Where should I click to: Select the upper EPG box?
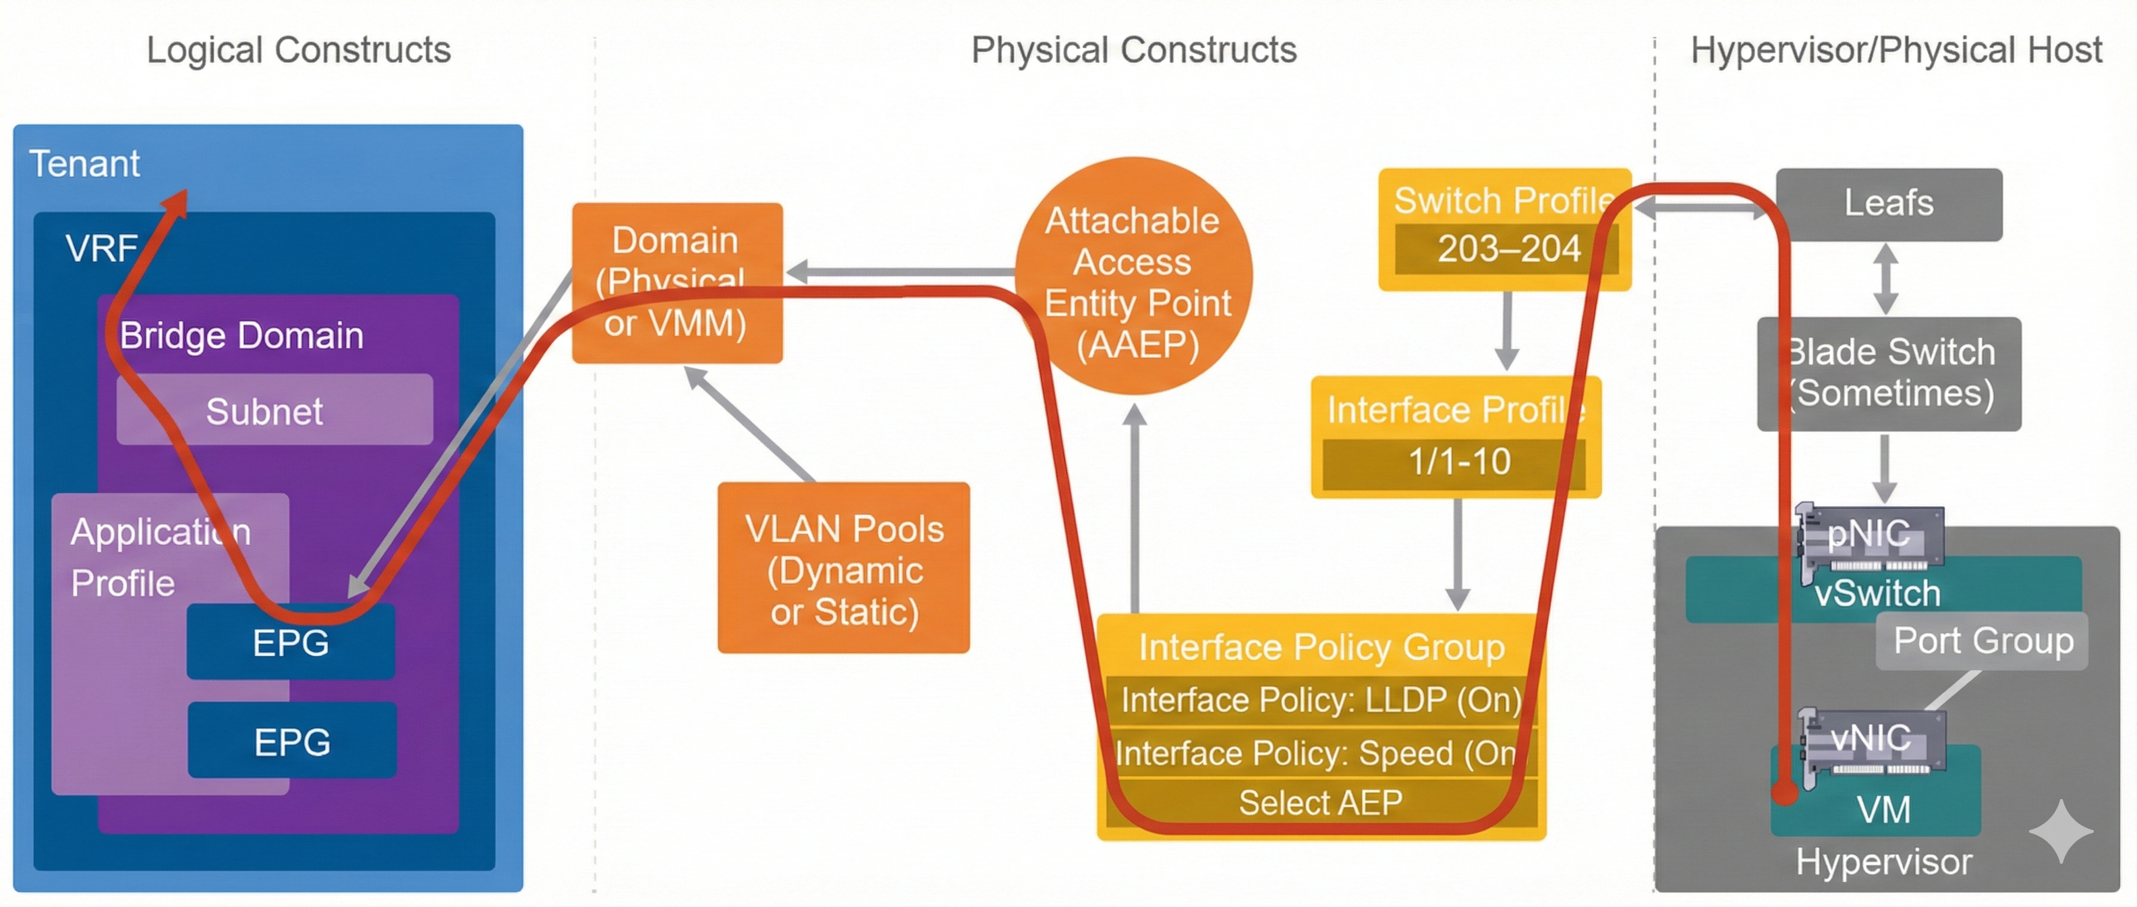tap(290, 642)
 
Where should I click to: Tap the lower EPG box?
tap(292, 740)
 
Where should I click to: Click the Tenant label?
tap(84, 163)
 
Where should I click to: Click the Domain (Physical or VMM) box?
tap(676, 282)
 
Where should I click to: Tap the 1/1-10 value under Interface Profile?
tap(1457, 462)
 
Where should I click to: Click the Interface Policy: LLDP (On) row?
tap(1321, 700)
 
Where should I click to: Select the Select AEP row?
tap(1321, 802)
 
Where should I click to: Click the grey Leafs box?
tap(1888, 204)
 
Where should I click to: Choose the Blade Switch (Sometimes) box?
tap(1888, 373)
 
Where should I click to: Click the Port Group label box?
tap(1982, 640)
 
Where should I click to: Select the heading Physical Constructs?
tap(1133, 50)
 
